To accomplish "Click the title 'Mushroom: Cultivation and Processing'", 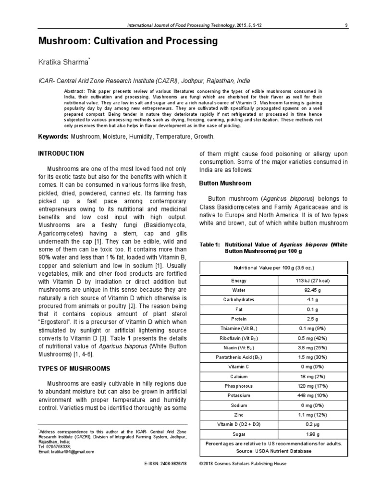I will pos(128,42).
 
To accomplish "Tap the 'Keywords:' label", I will pos(53,137).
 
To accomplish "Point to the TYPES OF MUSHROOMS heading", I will pos(74,369).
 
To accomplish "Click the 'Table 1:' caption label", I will pos(209,245).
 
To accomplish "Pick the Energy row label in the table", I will pos(239,281).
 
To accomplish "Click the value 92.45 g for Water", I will pos(313,290).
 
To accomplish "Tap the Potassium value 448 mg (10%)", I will pos(313,395).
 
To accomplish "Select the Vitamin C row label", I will pos(239,367).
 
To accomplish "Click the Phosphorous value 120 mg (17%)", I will pos(313,385).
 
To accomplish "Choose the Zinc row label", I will pos(239,414).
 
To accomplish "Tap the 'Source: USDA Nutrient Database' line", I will pos(274,451).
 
